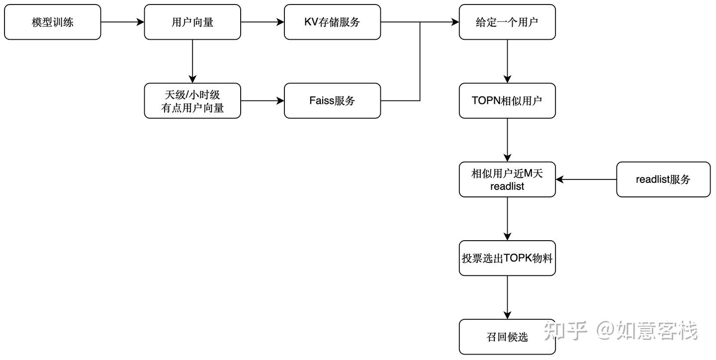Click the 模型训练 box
point(53,22)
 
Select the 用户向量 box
point(192,22)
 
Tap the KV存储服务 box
point(332,22)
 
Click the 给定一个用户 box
point(507,22)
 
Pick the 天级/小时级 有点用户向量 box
point(192,101)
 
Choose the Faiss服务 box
point(332,101)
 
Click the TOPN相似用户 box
point(507,101)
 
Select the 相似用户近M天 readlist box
point(507,180)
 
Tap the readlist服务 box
point(663,180)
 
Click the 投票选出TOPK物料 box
point(507,258)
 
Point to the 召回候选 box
point(507,337)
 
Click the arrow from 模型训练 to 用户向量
point(122,22)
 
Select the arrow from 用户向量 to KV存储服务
point(263,22)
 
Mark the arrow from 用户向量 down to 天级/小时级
point(192,61)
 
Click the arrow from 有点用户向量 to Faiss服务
point(263,101)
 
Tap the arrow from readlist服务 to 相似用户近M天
point(586,180)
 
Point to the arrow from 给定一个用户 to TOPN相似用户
point(507,61)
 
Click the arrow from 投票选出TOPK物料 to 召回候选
point(507,297)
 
